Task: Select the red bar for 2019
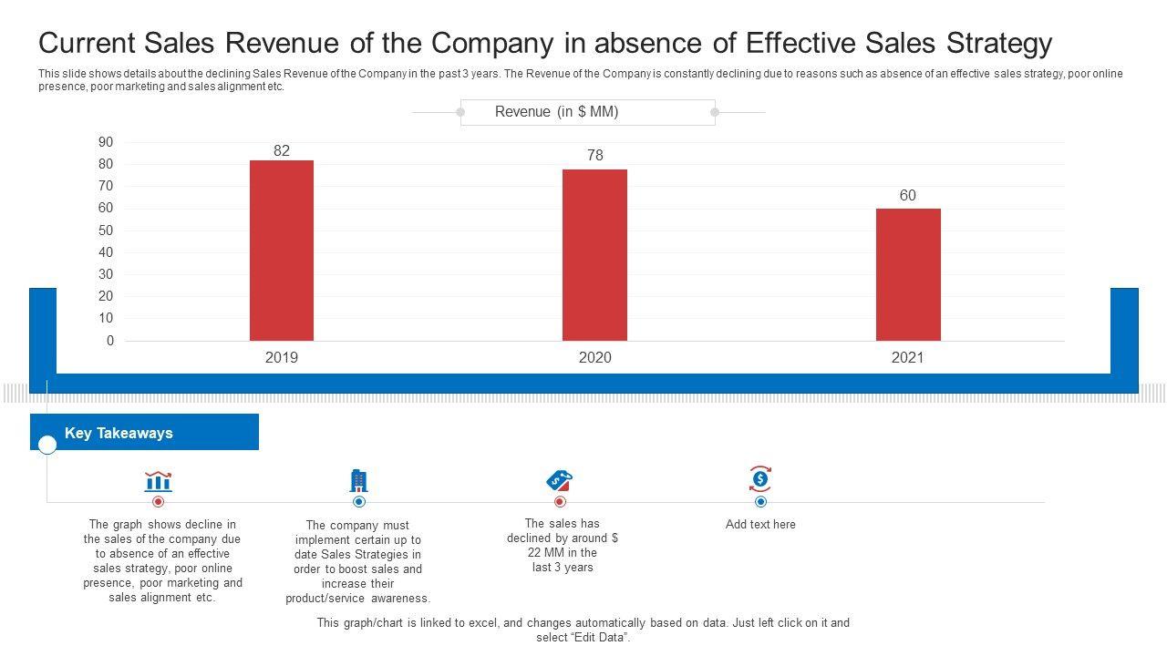pyautogui.click(x=282, y=251)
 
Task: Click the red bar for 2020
pyautogui.click(x=594, y=255)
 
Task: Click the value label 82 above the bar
pyautogui.click(x=282, y=151)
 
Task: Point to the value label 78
pyautogui.click(x=595, y=156)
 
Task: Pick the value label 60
pyautogui.click(x=908, y=196)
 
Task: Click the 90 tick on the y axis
pyautogui.click(x=106, y=142)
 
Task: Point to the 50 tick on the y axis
pyautogui.click(x=106, y=231)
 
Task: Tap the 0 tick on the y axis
pyautogui.click(x=110, y=341)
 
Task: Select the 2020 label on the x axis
pyautogui.click(x=595, y=358)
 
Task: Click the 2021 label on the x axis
pyautogui.click(x=908, y=358)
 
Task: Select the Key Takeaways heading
pyautogui.click(x=119, y=434)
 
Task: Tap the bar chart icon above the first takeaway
pyautogui.click(x=158, y=481)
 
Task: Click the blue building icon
pyautogui.click(x=359, y=481)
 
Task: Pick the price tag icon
pyautogui.click(x=559, y=480)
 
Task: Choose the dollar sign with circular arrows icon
pyautogui.click(x=760, y=478)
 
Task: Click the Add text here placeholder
pyautogui.click(x=760, y=525)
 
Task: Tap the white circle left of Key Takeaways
pyautogui.click(x=47, y=445)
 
